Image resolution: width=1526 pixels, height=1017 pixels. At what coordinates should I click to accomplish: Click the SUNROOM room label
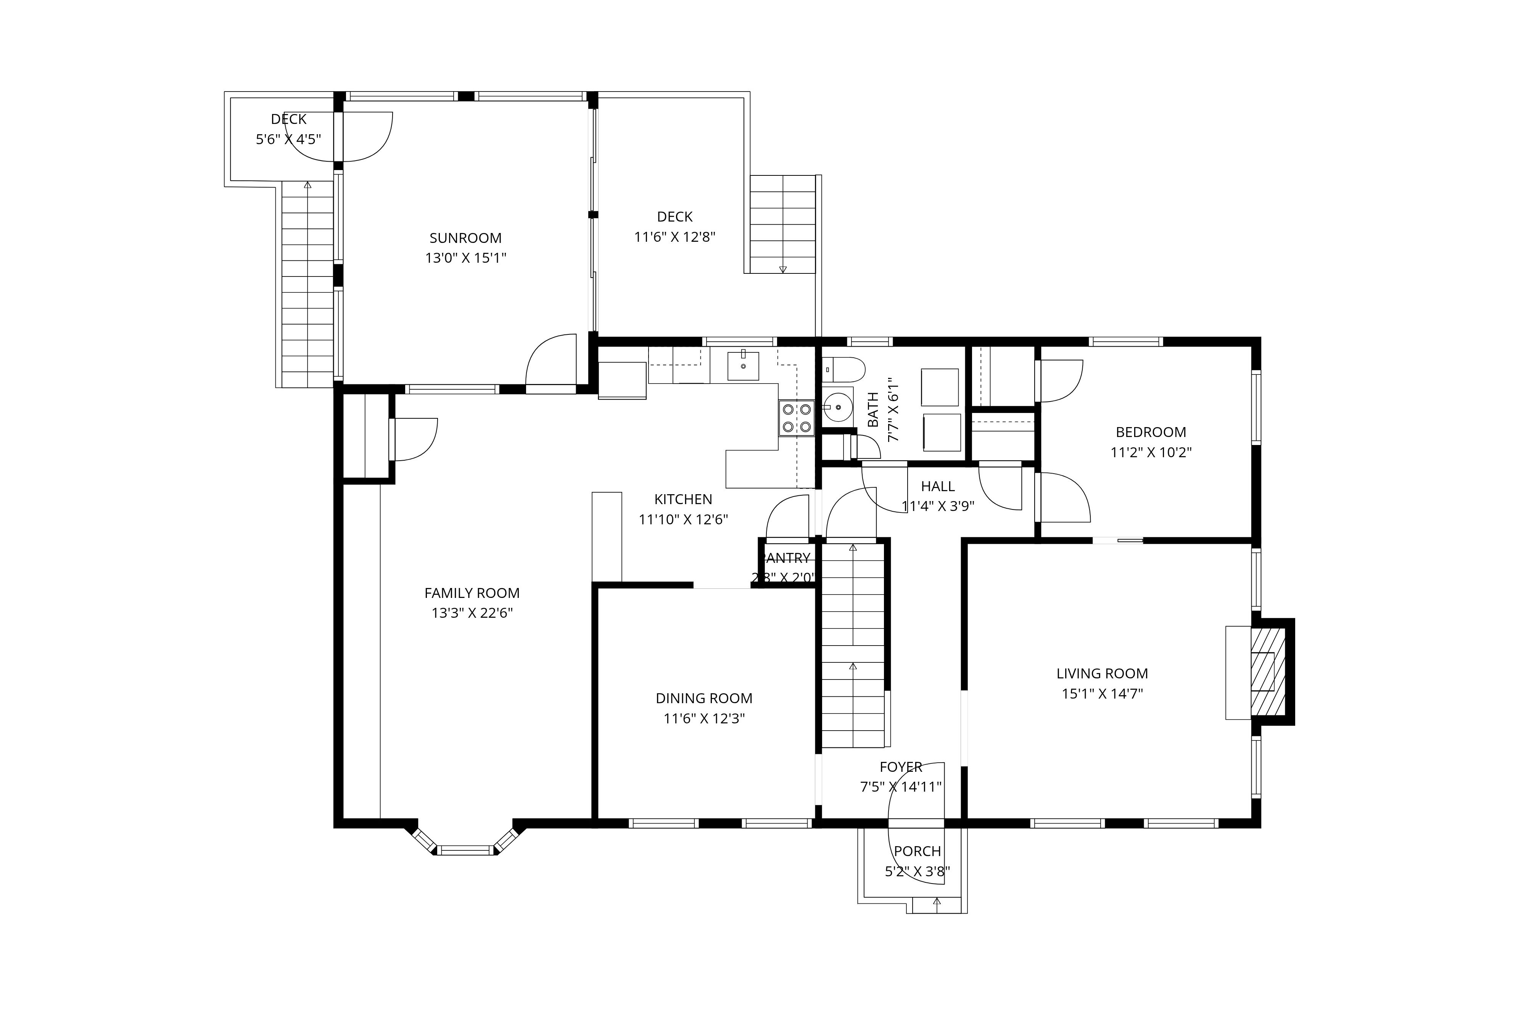click(465, 238)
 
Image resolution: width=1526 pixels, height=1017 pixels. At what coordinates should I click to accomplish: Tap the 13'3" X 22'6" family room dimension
click(472, 613)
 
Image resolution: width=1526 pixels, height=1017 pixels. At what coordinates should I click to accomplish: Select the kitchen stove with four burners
click(797, 418)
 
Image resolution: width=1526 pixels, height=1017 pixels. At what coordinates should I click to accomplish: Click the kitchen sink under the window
click(743, 366)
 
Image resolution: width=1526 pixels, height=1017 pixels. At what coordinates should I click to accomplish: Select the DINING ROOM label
click(704, 699)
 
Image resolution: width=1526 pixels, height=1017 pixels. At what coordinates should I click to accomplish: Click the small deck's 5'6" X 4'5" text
click(288, 139)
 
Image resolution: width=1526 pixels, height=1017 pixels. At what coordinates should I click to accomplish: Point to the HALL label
click(937, 487)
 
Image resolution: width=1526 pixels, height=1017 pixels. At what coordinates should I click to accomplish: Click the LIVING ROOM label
click(1102, 673)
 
